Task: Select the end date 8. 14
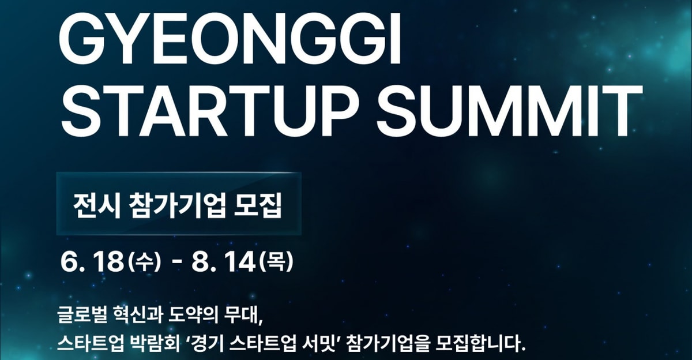[223, 262]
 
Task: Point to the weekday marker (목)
[275, 262]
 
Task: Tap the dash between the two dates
[176, 263]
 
